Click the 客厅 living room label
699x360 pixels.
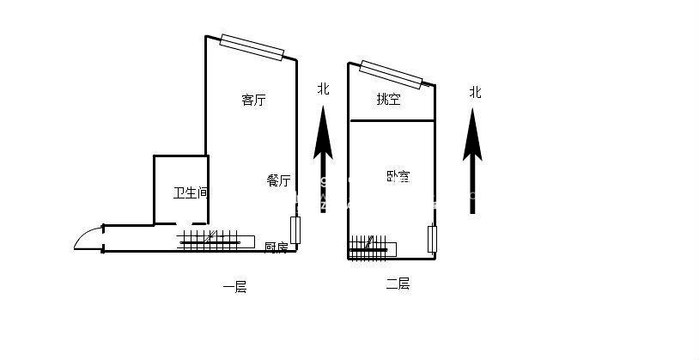[253, 100]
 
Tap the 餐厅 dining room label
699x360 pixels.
[278, 180]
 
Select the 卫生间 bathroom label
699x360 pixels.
[191, 193]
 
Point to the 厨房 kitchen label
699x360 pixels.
[276, 247]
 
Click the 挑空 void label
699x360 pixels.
[388, 100]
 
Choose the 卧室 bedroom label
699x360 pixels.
[398, 177]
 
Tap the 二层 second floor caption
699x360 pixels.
[397, 284]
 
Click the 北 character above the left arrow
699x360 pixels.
[323, 88]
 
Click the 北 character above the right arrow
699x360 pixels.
[475, 92]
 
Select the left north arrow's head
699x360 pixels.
[323, 129]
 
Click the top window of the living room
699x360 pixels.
[252, 48]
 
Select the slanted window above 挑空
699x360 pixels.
[392, 74]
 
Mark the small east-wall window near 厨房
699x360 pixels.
[295, 230]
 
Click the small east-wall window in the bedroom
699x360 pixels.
[432, 239]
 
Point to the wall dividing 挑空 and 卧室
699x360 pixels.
[392, 121]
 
